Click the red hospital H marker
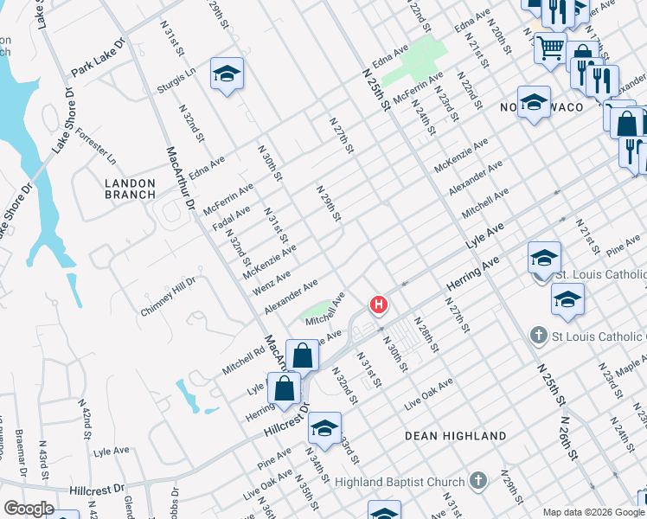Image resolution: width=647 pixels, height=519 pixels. tap(378, 304)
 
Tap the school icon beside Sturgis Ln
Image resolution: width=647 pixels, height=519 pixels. tap(226, 74)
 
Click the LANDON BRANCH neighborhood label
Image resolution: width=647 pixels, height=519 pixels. tap(130, 189)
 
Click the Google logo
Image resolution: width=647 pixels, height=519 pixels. tap(29, 509)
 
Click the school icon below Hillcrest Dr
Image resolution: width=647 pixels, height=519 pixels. tap(324, 427)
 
